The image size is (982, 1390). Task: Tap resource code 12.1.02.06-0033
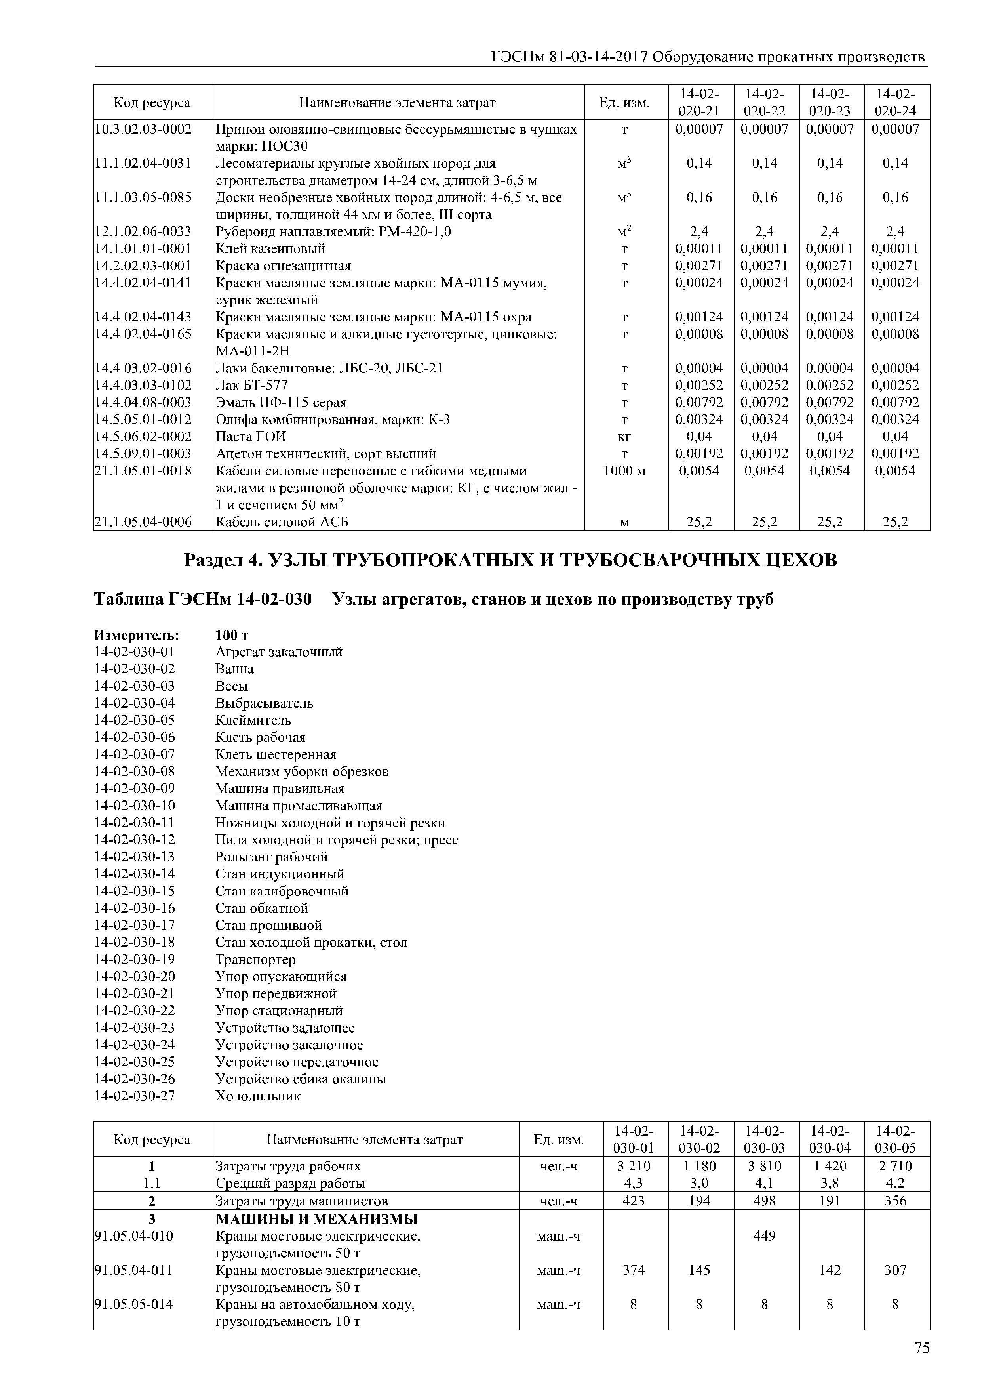coord(143,231)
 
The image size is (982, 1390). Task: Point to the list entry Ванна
coord(235,669)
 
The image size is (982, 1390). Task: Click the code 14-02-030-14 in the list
coord(134,874)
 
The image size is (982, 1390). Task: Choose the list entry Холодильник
coord(258,1096)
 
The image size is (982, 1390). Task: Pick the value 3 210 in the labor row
coord(634,1165)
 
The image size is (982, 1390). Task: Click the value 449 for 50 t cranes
coord(765,1235)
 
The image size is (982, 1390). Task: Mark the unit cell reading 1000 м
coord(624,470)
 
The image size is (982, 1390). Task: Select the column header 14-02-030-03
coord(765,1139)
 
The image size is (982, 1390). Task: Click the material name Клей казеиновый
coord(270,248)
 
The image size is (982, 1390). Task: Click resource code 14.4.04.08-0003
coord(143,402)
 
